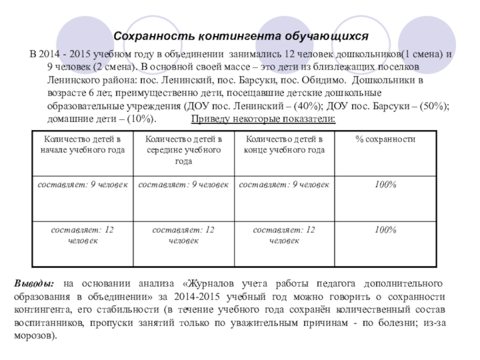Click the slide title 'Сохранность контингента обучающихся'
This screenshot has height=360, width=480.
pos(240,35)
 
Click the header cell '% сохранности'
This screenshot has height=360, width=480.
pos(385,140)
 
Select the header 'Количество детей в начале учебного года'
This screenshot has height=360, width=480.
pos(82,145)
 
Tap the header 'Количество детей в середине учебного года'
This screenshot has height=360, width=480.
pos(183,150)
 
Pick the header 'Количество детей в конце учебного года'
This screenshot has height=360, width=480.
pos(284,145)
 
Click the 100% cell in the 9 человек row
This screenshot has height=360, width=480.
pos(385,185)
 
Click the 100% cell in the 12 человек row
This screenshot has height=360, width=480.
pos(385,230)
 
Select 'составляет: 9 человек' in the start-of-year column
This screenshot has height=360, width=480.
pos(82,185)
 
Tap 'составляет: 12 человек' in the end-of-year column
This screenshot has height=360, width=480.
pos(284,235)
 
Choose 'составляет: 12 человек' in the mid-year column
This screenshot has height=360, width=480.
pos(183,235)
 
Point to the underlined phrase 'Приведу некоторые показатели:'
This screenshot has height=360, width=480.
pos(263,119)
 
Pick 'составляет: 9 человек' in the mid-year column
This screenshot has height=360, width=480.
pos(183,185)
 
